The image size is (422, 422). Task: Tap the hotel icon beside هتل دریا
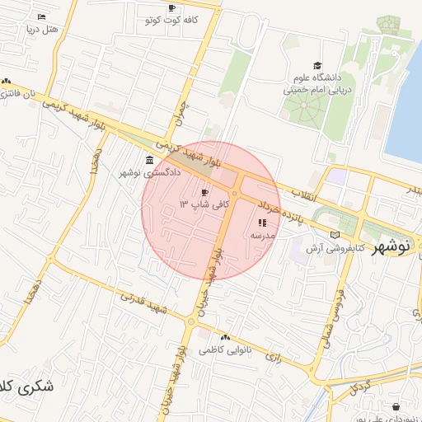(41, 16)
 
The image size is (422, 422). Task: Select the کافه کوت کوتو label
(171, 20)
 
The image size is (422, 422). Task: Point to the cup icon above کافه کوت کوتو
(171, 8)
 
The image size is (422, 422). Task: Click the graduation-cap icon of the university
(317, 66)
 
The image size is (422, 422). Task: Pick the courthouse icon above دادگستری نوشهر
(148, 160)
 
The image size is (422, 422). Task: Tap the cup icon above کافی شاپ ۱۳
(204, 191)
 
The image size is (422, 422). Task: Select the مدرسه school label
(262, 235)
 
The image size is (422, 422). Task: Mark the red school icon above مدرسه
(262, 223)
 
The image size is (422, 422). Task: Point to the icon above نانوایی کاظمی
(224, 337)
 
